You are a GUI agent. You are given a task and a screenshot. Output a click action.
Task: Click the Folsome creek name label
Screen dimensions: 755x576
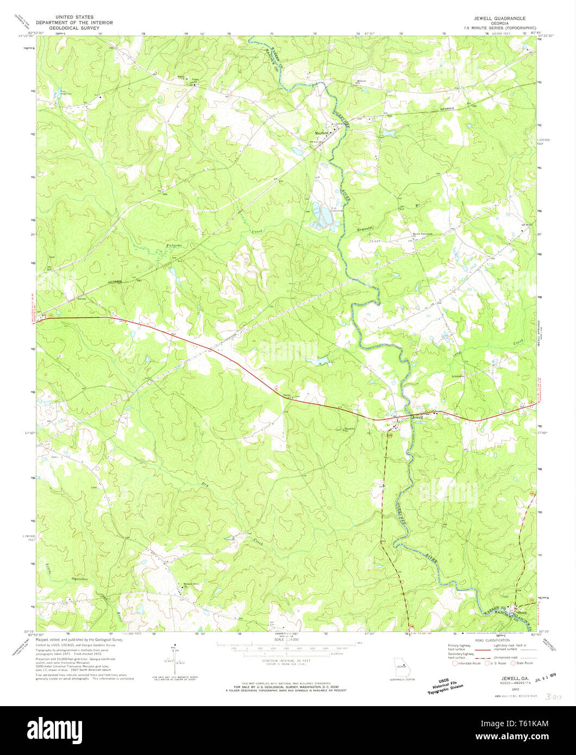174,246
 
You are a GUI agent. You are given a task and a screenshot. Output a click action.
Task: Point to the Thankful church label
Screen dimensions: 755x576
351,427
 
